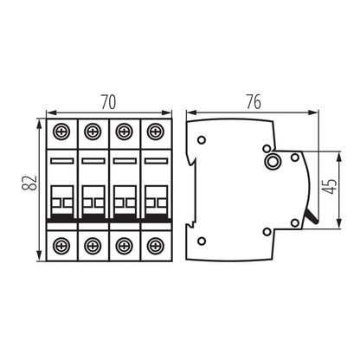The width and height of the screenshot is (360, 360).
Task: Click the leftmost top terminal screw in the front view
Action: coord(61,132)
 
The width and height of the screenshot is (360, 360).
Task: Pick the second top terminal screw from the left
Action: coord(93,132)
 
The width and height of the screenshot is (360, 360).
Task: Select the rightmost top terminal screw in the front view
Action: coord(155,132)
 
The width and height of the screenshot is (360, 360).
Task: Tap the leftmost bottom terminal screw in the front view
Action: coord(61,245)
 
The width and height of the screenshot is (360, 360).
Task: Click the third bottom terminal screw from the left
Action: coord(124,245)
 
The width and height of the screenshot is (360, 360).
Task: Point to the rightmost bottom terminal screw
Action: coord(155,245)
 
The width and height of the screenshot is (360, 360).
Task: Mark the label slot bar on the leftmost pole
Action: coord(61,162)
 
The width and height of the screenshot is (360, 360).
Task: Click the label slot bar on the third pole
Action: coord(124,162)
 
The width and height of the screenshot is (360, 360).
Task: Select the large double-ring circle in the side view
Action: coord(273,162)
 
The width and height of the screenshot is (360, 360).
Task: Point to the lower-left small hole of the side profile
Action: coord(202,240)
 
